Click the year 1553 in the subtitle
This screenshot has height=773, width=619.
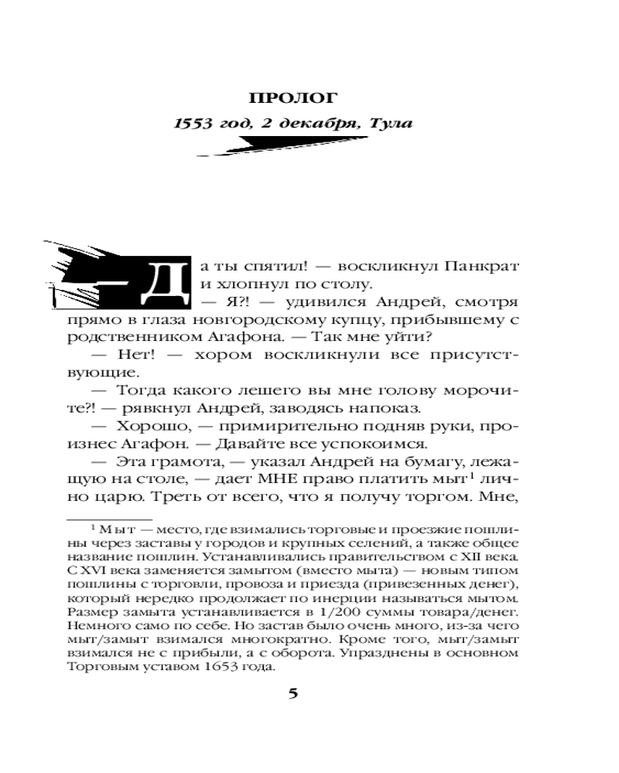192,124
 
